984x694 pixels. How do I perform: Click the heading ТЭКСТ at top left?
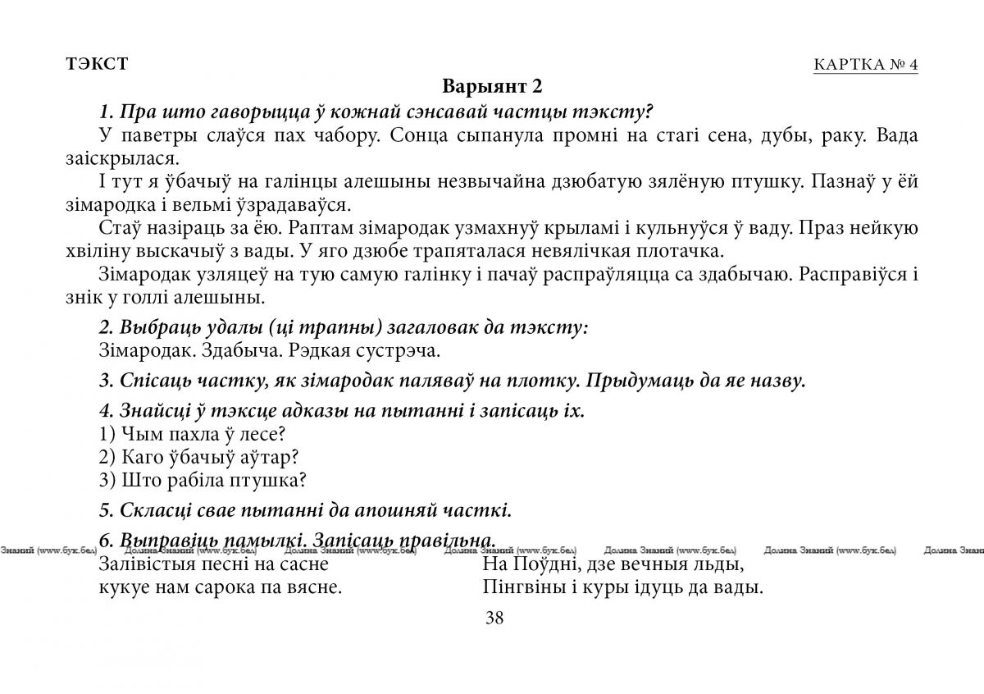click(x=97, y=64)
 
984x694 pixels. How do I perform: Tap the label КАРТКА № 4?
click(x=865, y=66)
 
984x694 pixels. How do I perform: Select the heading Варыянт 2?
click(x=493, y=86)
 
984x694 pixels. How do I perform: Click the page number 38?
click(x=494, y=619)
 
